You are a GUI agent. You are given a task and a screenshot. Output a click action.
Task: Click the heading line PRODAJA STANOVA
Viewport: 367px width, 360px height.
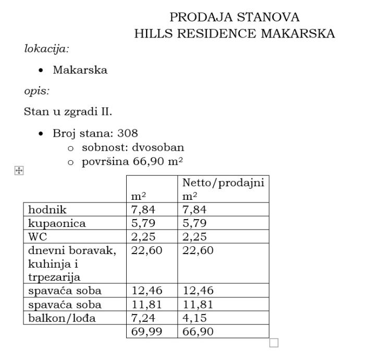coord(235,17)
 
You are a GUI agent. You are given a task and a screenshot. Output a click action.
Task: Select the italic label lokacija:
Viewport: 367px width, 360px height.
coord(47,50)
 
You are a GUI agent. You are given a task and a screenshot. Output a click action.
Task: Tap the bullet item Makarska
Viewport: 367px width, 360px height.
coord(80,70)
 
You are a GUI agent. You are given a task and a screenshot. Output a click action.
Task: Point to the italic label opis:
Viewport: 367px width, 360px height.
coord(36,91)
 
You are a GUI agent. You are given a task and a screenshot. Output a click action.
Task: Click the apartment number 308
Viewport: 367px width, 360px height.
coord(128,133)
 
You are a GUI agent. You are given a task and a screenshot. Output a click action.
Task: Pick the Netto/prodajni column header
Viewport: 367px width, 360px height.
coord(223,183)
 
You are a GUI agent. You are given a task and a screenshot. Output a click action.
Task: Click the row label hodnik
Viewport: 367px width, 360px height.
coord(47,210)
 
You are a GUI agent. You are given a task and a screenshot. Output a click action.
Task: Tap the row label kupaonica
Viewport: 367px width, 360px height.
coord(57,223)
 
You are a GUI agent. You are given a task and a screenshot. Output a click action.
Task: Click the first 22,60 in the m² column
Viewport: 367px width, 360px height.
coord(146,250)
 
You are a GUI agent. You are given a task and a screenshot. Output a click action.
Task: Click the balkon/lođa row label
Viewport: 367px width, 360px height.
coord(62,318)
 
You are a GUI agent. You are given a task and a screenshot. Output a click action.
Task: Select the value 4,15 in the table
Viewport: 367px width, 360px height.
coord(194,318)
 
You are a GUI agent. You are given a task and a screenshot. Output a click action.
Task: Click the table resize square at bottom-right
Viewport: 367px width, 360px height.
coord(274,343)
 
